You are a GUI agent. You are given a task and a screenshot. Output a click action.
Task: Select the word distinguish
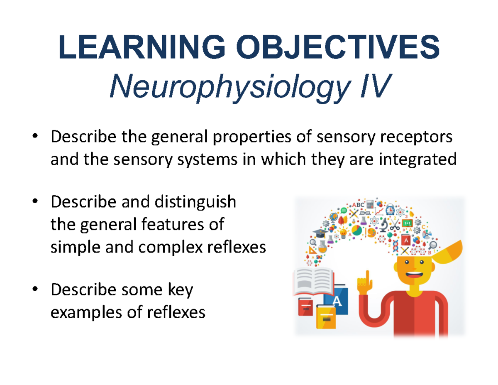coord(195,202)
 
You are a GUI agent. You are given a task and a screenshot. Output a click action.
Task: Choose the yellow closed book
coord(326,317)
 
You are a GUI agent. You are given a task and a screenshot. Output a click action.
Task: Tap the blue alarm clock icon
coord(391,209)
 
